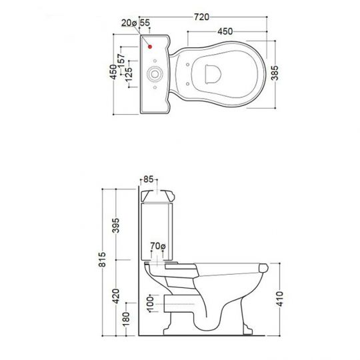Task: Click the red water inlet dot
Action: (x=150, y=47)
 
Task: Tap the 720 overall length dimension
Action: (x=201, y=17)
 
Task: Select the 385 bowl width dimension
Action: (x=275, y=73)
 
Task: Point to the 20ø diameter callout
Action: (x=129, y=23)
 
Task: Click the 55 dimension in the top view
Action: (x=145, y=23)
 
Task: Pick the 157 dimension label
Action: (x=121, y=61)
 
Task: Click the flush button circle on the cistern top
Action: (x=155, y=74)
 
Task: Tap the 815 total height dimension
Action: (x=103, y=259)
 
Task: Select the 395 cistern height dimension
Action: (x=116, y=225)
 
